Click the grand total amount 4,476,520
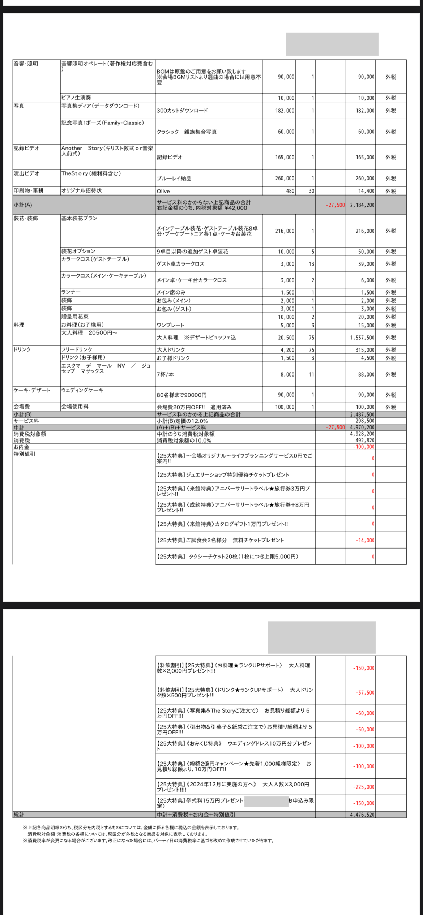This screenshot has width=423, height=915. [362, 815]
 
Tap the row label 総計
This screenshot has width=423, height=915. [19, 815]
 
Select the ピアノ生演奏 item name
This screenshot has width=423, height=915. [76, 98]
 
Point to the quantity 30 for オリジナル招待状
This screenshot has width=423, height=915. [311, 191]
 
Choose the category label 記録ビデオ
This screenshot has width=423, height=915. [26, 148]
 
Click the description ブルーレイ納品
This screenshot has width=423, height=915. [174, 179]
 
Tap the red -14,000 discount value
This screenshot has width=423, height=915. [365, 540]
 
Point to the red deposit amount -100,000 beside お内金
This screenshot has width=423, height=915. [364, 447]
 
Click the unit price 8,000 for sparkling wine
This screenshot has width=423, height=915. [287, 374]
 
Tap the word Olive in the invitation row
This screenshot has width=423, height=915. [163, 191]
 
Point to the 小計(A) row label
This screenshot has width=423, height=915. [23, 205]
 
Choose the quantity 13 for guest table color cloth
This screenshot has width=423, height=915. [311, 264]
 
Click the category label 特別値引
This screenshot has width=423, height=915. [24, 454]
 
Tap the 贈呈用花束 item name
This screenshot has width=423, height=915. [75, 317]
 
